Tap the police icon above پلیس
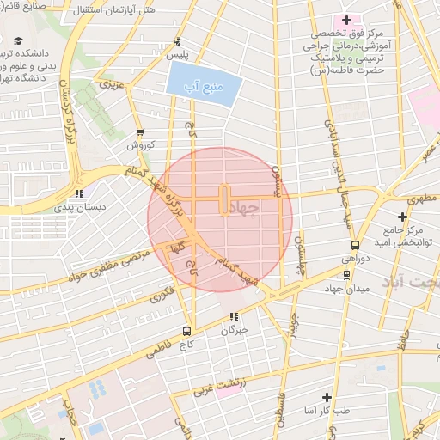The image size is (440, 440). point(177,40)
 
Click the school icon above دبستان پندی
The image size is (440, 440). point(80,193)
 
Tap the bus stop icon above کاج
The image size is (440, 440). point(186,331)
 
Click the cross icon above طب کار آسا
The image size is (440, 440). point(326,397)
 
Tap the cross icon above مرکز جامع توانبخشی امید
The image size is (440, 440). point(402,216)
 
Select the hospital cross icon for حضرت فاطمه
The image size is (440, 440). point(346,19)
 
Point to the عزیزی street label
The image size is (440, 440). point(113,86)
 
